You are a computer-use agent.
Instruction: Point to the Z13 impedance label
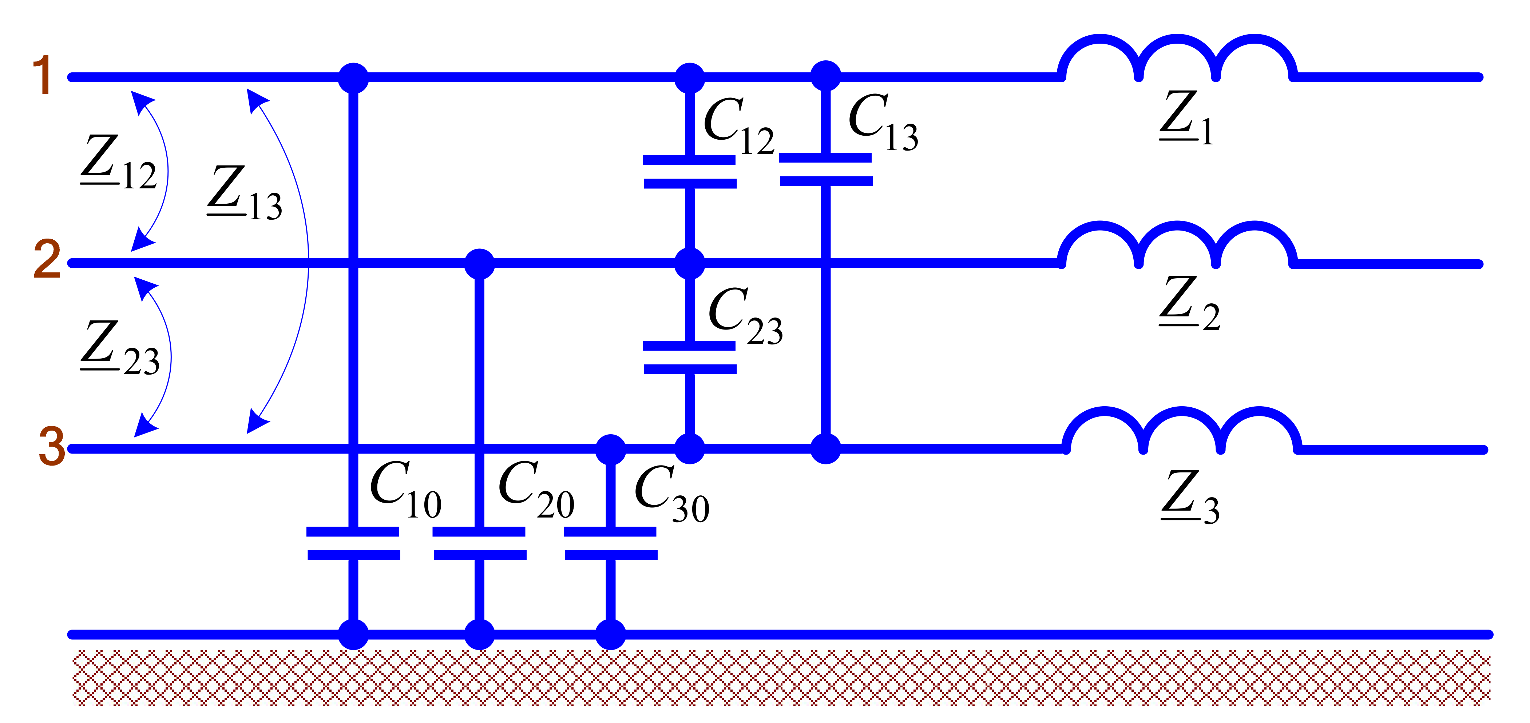point(245,193)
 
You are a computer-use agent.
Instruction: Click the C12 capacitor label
point(738,127)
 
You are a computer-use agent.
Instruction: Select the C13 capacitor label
point(883,123)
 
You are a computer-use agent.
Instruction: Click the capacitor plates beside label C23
point(690,357)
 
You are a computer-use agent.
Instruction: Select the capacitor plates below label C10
point(353,543)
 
